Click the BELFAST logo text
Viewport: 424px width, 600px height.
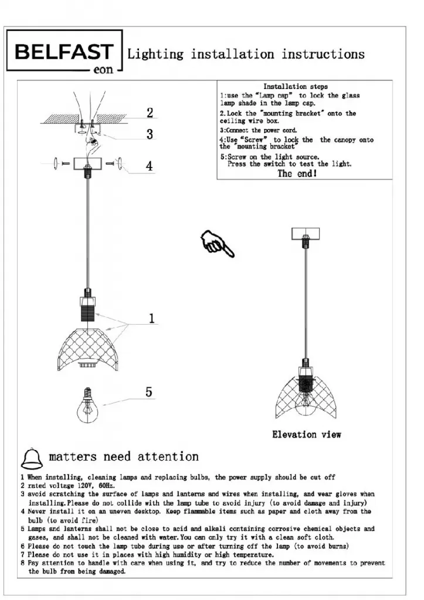tap(63, 52)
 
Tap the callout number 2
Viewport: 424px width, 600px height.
tap(150, 112)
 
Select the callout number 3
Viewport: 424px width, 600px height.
tap(150, 134)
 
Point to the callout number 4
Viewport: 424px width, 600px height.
tap(150, 166)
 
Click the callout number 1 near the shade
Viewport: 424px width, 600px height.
tap(151, 319)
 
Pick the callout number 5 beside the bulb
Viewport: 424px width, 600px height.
tap(149, 391)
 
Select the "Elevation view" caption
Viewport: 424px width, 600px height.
tap(306, 435)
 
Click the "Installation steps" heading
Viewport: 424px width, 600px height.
tap(296, 87)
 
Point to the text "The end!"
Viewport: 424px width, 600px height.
tap(297, 174)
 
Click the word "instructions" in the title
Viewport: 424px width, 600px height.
tap(323, 54)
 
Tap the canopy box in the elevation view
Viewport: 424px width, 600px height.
tap(306, 233)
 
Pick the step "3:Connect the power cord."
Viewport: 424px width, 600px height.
tap(258, 130)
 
